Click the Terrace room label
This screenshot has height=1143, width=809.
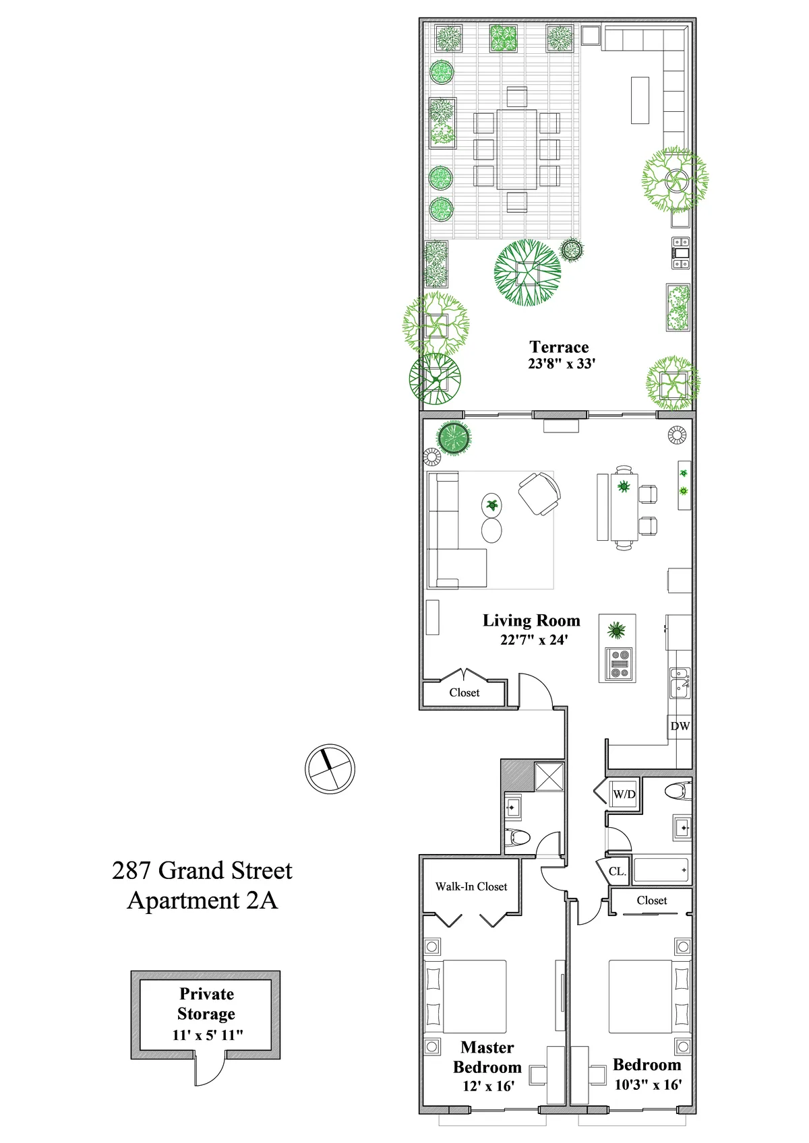click(559, 347)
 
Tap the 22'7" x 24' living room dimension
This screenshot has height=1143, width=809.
click(534, 640)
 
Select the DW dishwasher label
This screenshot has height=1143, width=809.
click(680, 726)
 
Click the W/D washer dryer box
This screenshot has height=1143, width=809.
click(624, 794)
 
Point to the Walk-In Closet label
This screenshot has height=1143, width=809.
click(471, 886)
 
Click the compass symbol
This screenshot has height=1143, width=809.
click(330, 769)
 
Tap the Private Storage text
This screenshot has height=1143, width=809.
click(206, 1004)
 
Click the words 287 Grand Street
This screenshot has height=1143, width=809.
click(202, 870)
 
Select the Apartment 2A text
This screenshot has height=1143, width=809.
click(202, 901)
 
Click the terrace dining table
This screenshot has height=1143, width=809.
click(517, 150)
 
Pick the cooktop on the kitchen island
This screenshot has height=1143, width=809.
click(619, 663)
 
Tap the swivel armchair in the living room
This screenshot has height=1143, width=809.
click(539, 493)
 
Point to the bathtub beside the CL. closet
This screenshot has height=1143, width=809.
click(660, 870)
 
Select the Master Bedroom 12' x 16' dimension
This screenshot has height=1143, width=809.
click(488, 1086)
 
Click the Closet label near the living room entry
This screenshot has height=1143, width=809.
click(464, 692)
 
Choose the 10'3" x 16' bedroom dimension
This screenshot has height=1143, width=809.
click(647, 1084)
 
